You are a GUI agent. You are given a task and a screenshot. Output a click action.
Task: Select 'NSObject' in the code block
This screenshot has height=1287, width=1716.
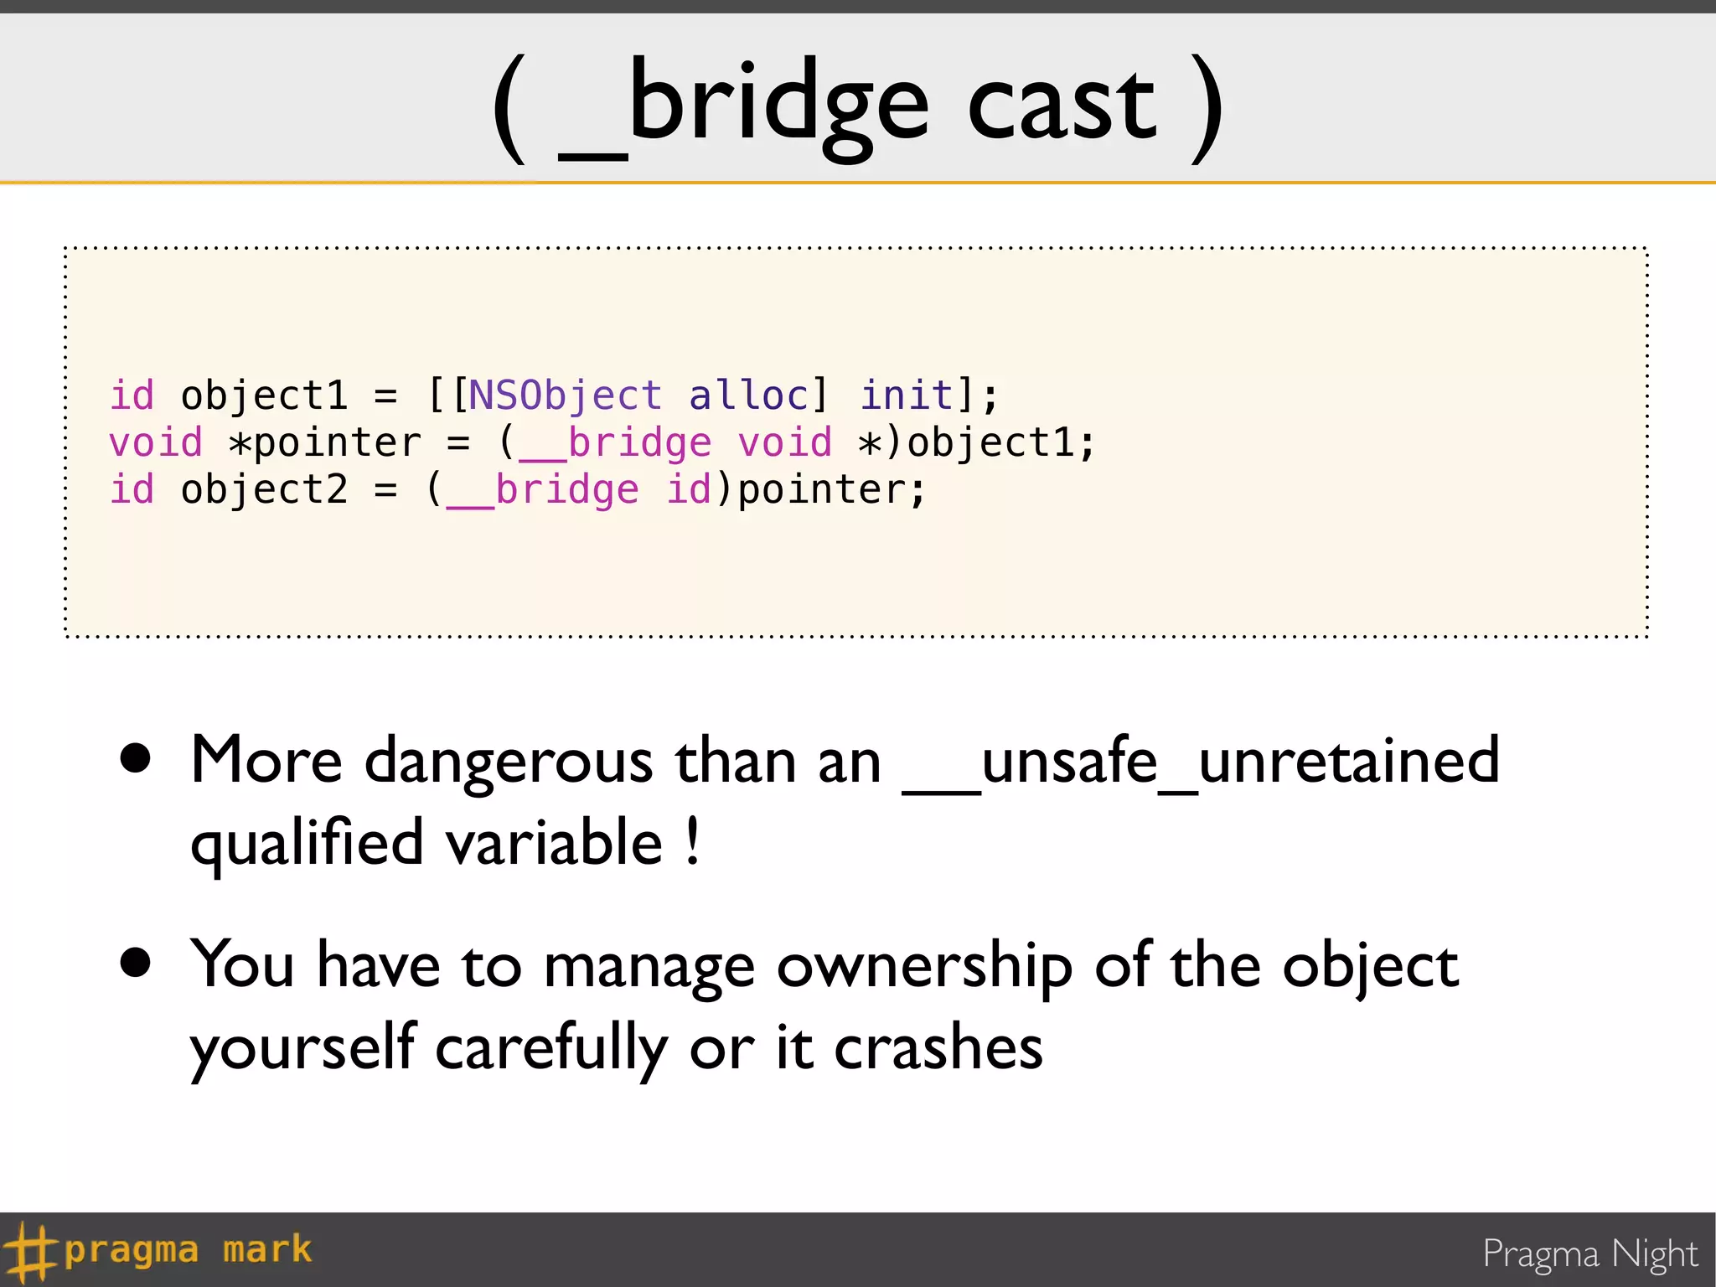tap(565, 395)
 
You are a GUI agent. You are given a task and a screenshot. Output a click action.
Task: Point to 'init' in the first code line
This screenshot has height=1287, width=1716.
tap(907, 395)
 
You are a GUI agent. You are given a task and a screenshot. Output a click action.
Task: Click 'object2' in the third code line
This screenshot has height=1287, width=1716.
tap(264, 489)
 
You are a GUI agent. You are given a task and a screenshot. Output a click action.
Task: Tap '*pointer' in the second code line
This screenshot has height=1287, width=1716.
tap(325, 442)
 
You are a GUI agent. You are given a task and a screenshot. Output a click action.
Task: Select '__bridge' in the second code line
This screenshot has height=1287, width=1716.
tap(616, 442)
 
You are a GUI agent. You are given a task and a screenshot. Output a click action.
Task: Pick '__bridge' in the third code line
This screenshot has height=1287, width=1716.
tap(543, 489)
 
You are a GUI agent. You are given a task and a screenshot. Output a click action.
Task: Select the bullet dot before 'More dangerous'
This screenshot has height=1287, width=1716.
tap(135, 757)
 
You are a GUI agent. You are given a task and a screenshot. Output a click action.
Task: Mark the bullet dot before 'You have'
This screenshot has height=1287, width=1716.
tap(135, 963)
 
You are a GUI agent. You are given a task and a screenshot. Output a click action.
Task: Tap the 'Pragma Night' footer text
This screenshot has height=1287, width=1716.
tap(1589, 1254)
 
